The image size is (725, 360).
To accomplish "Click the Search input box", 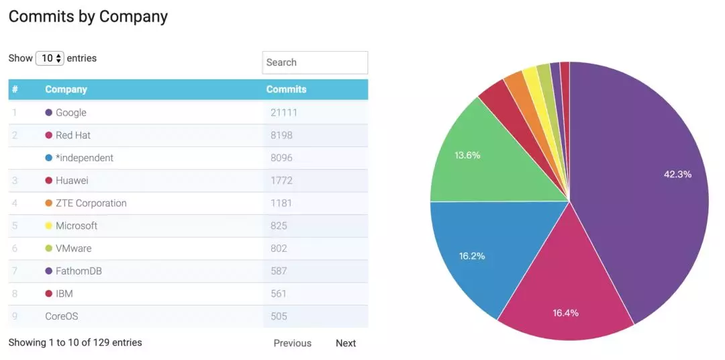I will (x=315, y=62).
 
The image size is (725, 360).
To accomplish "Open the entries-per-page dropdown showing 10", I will (x=50, y=58).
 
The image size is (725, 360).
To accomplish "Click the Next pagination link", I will (x=346, y=343).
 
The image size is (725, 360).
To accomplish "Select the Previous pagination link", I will (x=292, y=343).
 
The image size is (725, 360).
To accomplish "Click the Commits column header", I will (x=286, y=89).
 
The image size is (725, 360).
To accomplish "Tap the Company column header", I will (x=66, y=89).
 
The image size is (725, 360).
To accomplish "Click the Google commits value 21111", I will (x=283, y=113).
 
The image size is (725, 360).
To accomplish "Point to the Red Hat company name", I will (x=73, y=135).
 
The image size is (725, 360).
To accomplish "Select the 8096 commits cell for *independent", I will (x=282, y=158).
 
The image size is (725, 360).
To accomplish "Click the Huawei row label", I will (x=72, y=181).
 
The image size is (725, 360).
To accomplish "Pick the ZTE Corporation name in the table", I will (x=91, y=203).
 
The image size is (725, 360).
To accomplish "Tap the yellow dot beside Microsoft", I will (x=48, y=226).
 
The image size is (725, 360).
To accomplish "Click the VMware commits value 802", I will (x=279, y=249).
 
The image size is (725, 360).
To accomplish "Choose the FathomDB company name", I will (x=79, y=271).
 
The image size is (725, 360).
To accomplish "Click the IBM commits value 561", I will (x=279, y=294).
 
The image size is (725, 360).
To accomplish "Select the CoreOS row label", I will (x=62, y=316).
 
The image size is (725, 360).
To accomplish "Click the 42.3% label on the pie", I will (x=677, y=174).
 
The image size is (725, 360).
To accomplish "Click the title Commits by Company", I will (x=88, y=16).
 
